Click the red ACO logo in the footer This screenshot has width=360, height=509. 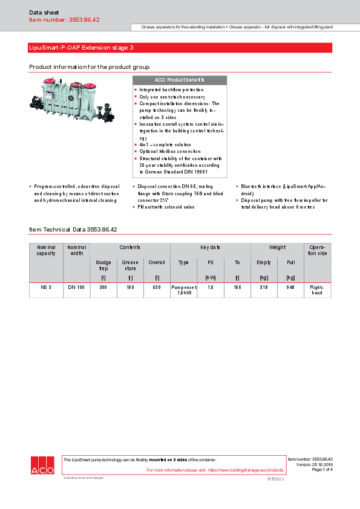tap(42, 465)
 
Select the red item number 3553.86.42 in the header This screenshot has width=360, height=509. tap(64, 20)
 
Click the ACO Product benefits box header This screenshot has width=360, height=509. tap(179, 80)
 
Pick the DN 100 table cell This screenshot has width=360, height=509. tap(76, 287)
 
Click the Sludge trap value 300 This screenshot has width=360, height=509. tap(103, 287)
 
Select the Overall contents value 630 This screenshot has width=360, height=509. tap(157, 287)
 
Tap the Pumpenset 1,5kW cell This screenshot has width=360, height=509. tap(183, 290)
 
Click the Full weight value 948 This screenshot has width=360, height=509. tap(290, 287)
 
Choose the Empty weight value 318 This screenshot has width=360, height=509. tap(264, 287)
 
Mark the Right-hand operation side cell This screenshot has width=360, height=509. tap(317, 290)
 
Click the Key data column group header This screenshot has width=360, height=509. tap(210, 247)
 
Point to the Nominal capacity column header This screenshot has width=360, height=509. tap(46, 250)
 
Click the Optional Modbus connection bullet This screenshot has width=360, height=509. tap(169, 151)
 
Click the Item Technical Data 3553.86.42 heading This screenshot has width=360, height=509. tap(73, 230)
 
